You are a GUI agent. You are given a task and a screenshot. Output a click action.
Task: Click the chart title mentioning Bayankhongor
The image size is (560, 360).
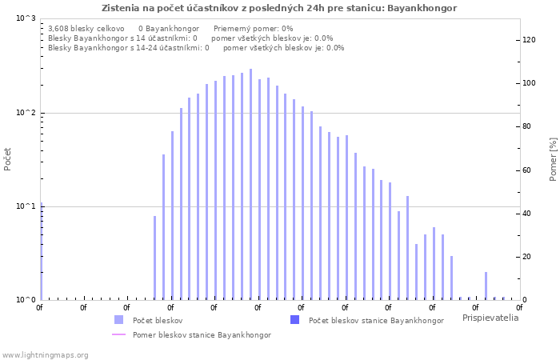coord(279,8)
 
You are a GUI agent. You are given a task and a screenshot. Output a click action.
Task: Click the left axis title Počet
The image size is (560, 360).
coord(8,159)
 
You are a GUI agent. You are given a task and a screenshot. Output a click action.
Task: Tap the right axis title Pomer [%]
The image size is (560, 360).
coord(553,159)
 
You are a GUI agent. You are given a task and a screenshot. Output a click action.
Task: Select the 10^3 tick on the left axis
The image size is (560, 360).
coord(26,18)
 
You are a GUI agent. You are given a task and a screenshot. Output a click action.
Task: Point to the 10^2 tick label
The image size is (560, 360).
coord(26,113)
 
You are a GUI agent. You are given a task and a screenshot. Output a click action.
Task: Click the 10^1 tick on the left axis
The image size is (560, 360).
coord(26,206)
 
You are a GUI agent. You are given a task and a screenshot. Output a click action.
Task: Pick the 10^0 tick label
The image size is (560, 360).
coord(26,300)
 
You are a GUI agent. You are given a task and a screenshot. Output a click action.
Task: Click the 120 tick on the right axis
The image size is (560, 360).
coord(530,40)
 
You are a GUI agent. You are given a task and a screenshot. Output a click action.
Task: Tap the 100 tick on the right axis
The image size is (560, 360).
coord(530,83)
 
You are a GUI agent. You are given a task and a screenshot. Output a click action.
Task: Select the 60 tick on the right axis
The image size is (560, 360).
coord(528,170)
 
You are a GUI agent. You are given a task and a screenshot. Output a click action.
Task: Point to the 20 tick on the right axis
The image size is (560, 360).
coord(528,257)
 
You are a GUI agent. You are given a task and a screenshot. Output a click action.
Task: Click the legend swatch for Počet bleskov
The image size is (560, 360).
coord(118,320)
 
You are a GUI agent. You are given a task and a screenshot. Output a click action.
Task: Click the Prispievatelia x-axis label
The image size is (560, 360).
coord(490,318)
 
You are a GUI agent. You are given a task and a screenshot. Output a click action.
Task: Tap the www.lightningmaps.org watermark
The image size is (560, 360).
coord(46,354)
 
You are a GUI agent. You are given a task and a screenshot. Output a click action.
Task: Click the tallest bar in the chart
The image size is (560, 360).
coord(250,184)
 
